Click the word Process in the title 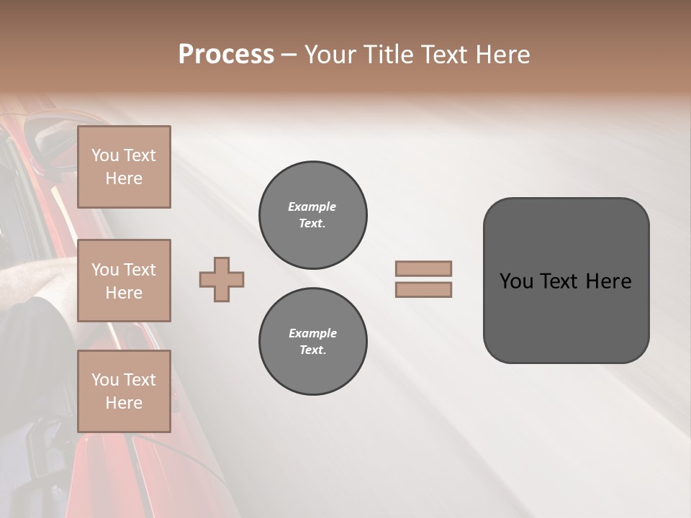coord(226,55)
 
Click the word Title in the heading coord(385,55)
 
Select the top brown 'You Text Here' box coord(124,167)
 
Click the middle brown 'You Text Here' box coord(124,281)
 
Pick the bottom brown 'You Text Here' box coord(124,391)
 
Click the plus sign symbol coord(222,279)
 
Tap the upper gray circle coord(312,215)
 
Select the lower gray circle coord(312,342)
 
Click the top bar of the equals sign coord(423,269)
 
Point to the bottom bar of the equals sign coord(423,289)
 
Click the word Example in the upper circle coord(312,206)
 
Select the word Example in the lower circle coord(312,333)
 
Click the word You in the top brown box coord(105,155)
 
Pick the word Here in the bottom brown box coord(124,403)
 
